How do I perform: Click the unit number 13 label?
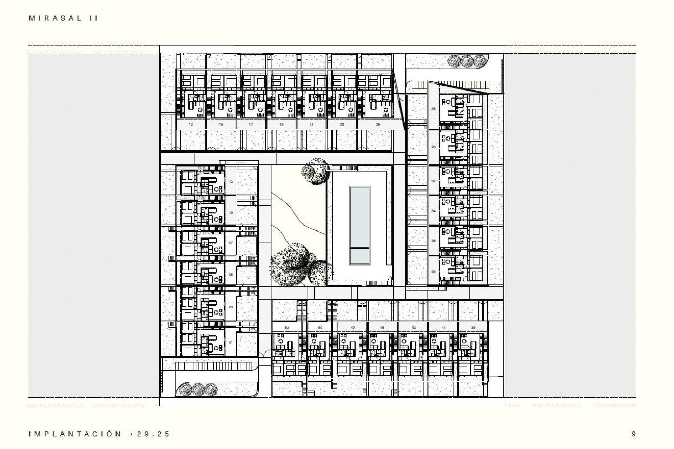(x=191, y=124)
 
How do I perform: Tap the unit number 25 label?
(x=378, y=124)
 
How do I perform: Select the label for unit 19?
(x=282, y=124)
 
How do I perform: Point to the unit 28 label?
(x=433, y=109)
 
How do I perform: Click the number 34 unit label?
(x=433, y=211)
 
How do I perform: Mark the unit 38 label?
(x=433, y=272)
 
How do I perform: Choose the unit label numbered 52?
(x=287, y=327)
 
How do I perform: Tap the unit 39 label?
(x=473, y=327)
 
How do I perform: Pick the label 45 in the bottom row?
(x=382, y=327)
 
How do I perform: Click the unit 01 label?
(x=231, y=342)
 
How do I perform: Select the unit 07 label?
(x=231, y=243)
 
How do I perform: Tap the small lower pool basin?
(x=359, y=256)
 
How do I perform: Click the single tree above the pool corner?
(x=315, y=171)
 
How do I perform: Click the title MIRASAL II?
(x=63, y=19)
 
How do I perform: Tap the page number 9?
(x=633, y=434)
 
